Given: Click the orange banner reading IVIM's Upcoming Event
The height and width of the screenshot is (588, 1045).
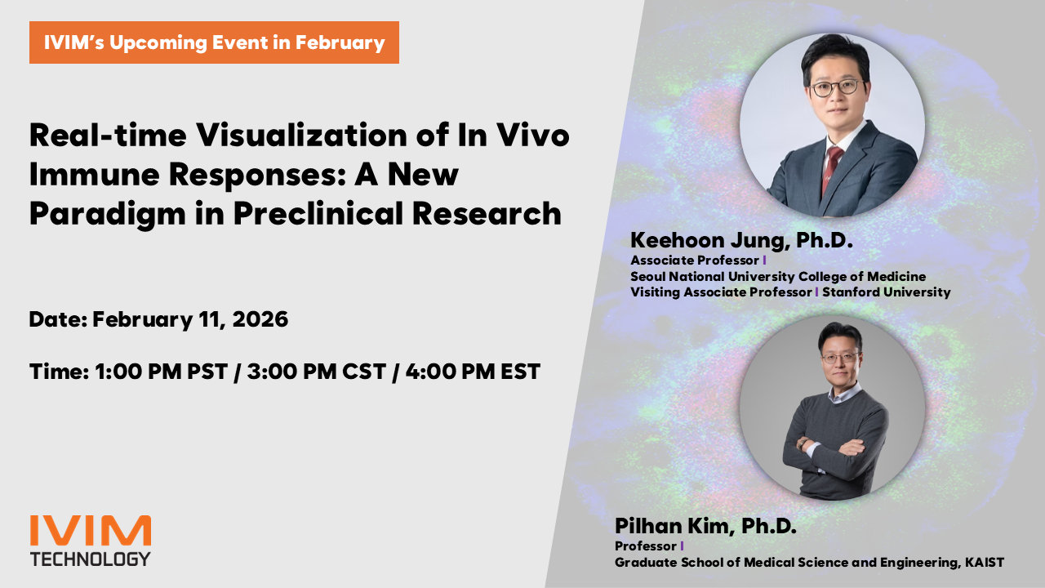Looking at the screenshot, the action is (214, 42).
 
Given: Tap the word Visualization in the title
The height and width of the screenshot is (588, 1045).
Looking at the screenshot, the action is (301, 135).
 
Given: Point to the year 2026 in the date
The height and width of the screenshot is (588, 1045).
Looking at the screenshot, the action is (260, 319).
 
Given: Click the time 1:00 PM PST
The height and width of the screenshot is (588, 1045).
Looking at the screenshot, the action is (162, 372).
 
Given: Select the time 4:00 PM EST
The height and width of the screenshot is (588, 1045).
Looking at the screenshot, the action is (473, 372).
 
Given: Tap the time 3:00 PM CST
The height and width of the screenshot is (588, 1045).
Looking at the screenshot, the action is (316, 372).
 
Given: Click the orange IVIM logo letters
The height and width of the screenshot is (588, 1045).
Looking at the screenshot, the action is (91, 531).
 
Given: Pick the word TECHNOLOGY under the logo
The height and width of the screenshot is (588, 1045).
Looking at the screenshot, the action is (91, 559).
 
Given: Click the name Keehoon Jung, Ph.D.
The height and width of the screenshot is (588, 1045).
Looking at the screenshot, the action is (741, 240).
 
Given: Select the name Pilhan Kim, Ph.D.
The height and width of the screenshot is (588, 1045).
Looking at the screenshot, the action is (705, 526).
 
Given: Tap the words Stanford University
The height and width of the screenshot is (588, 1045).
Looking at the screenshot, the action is (887, 292).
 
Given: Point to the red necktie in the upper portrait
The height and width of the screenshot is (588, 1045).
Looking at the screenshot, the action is (831, 168).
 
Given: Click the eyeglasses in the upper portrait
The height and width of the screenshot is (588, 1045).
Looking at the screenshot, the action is (835, 87).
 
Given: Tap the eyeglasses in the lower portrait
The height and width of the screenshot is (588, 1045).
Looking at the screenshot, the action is (840, 358).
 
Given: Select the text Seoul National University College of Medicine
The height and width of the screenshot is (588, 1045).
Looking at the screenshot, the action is (778, 276).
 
